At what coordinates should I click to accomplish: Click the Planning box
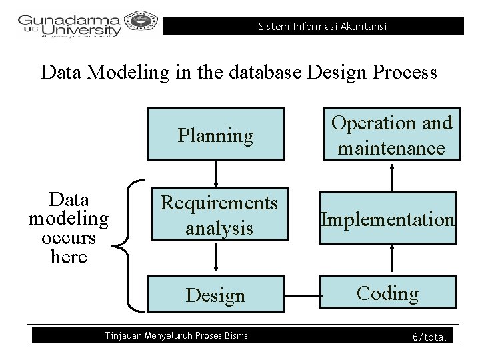click(x=215, y=134)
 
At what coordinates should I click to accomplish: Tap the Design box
click(x=215, y=295)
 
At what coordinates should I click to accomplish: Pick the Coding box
click(x=387, y=293)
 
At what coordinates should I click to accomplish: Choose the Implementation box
click(x=388, y=218)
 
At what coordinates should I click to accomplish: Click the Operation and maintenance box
click(x=391, y=134)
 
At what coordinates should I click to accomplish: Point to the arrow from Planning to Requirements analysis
click(x=216, y=175)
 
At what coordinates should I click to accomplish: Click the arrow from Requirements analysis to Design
click(x=216, y=255)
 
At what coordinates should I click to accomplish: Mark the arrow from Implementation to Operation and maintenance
click(x=392, y=176)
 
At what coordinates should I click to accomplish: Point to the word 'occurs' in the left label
click(x=69, y=238)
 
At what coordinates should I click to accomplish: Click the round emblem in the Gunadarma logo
click(x=141, y=24)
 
